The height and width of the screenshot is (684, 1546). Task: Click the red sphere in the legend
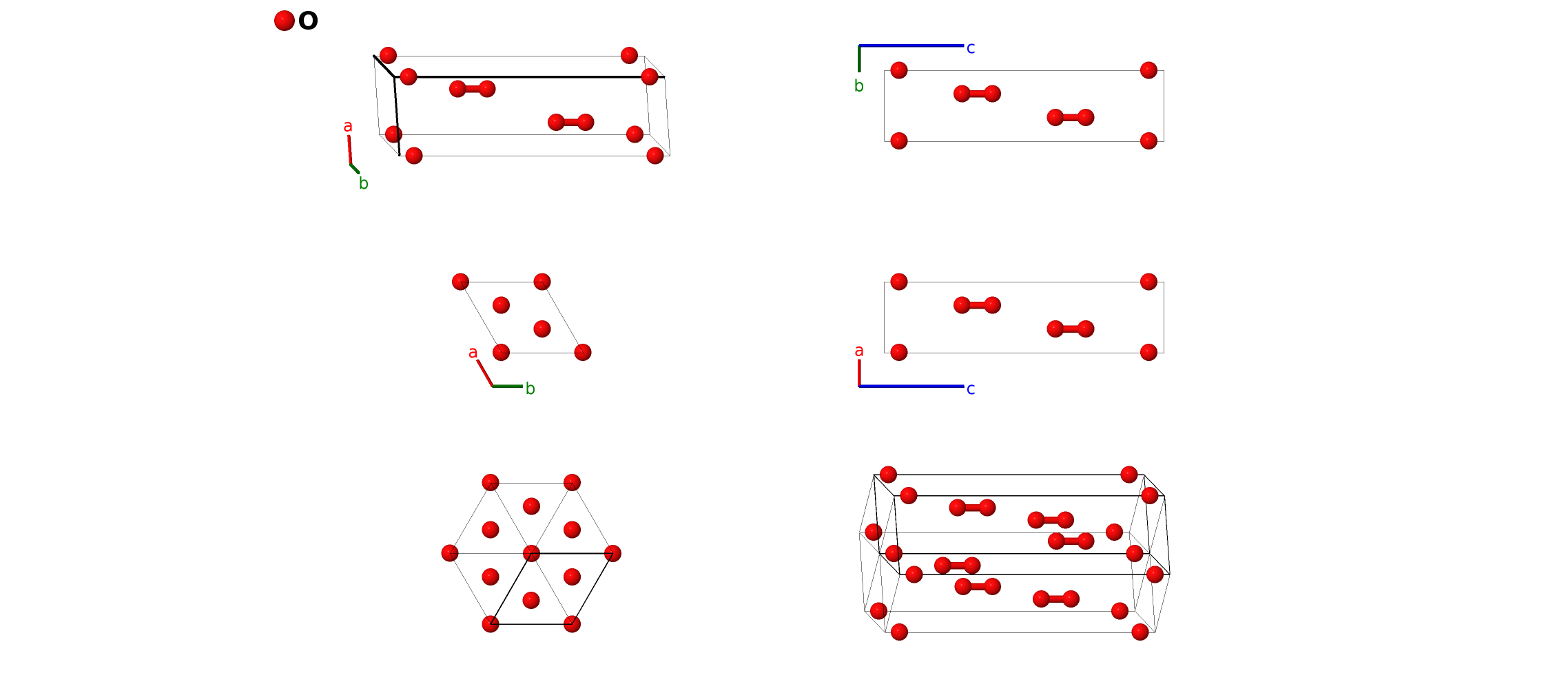pos(284,21)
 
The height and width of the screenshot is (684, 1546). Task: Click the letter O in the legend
pos(308,21)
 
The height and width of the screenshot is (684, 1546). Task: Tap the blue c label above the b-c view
pos(970,48)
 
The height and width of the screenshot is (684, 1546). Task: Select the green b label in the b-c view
pos(858,86)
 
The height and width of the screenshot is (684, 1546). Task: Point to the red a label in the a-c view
pos(858,351)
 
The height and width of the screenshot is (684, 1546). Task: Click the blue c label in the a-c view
pos(970,389)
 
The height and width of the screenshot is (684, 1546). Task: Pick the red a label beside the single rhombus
pos(473,353)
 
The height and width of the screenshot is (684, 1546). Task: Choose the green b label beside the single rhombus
pos(530,388)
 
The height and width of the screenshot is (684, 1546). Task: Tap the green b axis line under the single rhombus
pos(508,386)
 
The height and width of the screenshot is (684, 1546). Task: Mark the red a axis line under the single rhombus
pos(485,373)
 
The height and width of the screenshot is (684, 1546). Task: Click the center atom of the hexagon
pos(531,553)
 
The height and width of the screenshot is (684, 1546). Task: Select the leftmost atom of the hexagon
pos(450,553)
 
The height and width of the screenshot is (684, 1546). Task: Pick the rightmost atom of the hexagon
pos(612,553)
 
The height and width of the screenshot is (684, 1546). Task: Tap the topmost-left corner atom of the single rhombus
pos(460,281)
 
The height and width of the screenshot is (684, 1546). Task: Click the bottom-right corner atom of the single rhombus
pos(583,353)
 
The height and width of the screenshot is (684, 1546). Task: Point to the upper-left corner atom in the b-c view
pos(899,70)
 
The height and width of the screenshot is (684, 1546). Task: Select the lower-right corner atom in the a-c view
pos(1148,353)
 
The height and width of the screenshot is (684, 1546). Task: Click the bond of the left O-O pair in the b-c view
pos(977,94)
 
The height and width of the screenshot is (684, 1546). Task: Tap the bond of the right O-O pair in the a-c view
pos(1070,329)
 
